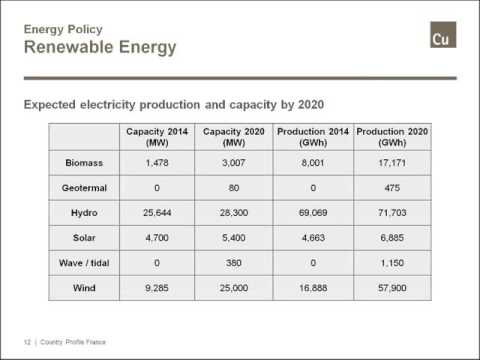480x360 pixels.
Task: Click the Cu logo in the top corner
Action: [441, 38]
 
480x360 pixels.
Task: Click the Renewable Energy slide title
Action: [100, 47]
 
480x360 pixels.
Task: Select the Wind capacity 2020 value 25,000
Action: [233, 290]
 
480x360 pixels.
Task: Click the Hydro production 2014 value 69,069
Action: [314, 213]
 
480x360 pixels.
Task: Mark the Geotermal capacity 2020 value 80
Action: [233, 187]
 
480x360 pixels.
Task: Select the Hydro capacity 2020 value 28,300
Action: [233, 213]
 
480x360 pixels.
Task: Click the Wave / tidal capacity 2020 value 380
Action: [233, 264]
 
